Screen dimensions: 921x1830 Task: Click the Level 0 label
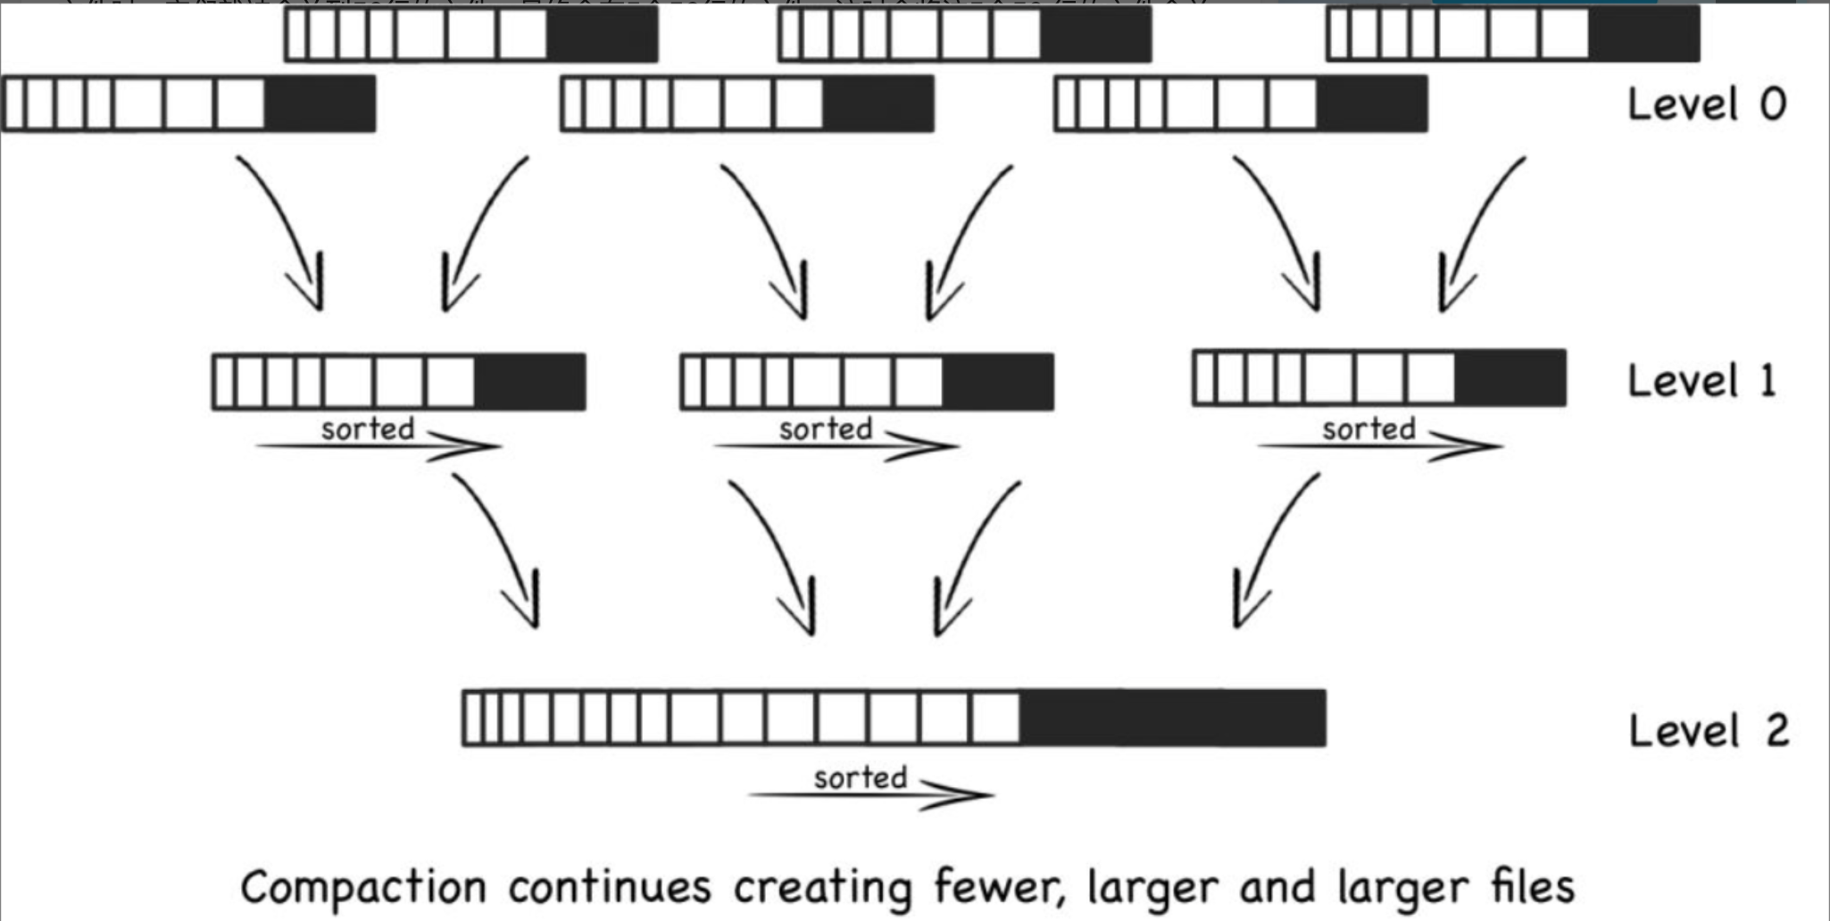pos(1706,104)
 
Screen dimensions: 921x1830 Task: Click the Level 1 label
pos(1701,381)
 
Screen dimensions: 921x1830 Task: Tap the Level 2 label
pos(1708,731)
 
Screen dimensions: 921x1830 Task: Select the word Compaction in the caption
pos(363,889)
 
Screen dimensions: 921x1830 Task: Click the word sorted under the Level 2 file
pos(860,778)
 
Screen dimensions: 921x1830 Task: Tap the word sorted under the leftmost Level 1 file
pos(367,429)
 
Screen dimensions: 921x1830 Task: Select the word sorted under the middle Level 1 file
pos(825,429)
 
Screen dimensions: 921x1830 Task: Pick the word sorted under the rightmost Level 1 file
pos(1368,429)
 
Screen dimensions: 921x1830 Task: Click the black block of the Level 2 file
pos(1172,718)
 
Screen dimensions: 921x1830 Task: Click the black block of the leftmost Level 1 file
pos(529,382)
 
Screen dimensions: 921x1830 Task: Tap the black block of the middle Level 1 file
pos(997,382)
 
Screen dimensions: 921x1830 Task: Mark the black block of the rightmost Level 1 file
pos(1510,378)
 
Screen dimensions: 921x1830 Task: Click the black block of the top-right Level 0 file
pos(1643,34)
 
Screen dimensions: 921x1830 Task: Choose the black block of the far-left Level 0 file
pos(320,104)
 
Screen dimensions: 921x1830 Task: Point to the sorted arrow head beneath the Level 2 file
pos(960,793)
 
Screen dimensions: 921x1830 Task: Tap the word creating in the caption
pos(821,889)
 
